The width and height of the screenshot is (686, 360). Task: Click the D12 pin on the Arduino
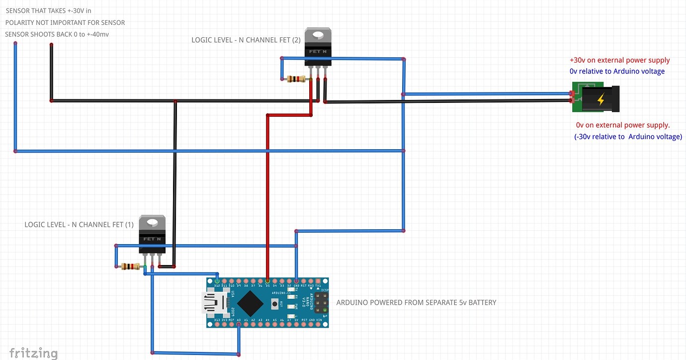click(x=217, y=281)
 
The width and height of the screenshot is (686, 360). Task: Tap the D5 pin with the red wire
click(x=267, y=281)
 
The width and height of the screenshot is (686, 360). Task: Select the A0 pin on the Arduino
click(x=239, y=324)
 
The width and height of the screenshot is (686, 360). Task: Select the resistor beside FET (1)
click(x=130, y=267)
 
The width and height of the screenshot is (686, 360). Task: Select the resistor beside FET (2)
click(x=296, y=79)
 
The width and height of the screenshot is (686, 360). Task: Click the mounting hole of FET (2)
click(x=318, y=35)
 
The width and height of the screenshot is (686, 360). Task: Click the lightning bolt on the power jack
click(x=600, y=100)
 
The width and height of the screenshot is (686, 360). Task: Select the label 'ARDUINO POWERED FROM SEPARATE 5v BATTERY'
click(x=416, y=302)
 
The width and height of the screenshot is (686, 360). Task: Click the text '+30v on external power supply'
click(x=619, y=60)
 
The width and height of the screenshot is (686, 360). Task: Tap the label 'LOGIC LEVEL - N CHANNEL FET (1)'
click(x=79, y=225)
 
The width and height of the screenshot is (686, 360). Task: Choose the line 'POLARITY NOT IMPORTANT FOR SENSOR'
click(x=65, y=22)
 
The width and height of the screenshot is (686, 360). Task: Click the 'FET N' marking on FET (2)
click(x=318, y=51)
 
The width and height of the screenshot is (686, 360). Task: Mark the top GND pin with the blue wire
click(x=296, y=281)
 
